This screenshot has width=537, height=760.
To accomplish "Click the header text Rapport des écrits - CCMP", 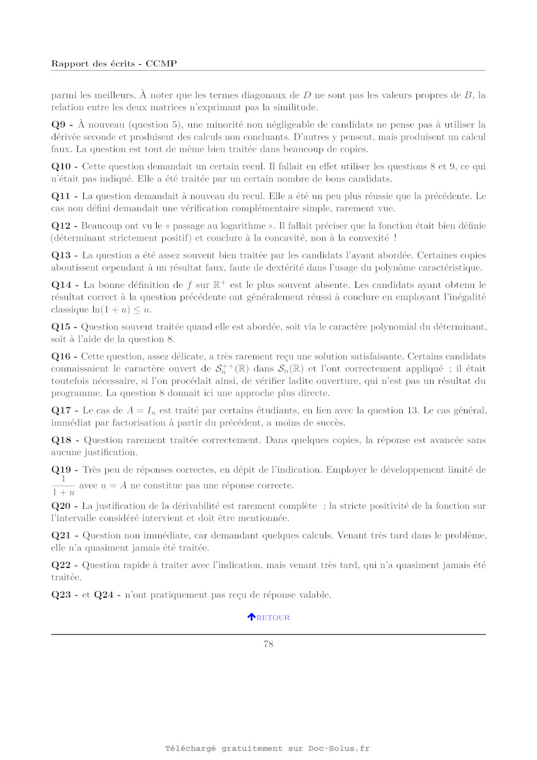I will click(114, 64).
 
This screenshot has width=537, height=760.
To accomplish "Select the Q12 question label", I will click(61, 226).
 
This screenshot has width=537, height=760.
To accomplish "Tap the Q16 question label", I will click(61, 356).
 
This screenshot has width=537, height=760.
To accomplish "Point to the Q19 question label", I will click(61, 470).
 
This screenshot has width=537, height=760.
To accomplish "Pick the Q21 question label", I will click(61, 536).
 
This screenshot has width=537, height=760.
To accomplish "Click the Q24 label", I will click(104, 595).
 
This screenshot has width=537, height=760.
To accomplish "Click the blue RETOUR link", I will click(273, 617).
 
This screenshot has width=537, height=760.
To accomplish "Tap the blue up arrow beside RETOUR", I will click(252, 617).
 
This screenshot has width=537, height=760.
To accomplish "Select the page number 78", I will click(268, 644).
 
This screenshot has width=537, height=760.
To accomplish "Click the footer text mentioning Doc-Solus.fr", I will click(267, 748).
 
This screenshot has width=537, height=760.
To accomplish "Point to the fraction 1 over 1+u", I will click(64, 486).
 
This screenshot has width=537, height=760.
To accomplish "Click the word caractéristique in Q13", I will click(446, 268).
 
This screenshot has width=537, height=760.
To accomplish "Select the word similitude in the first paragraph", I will click(296, 107).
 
